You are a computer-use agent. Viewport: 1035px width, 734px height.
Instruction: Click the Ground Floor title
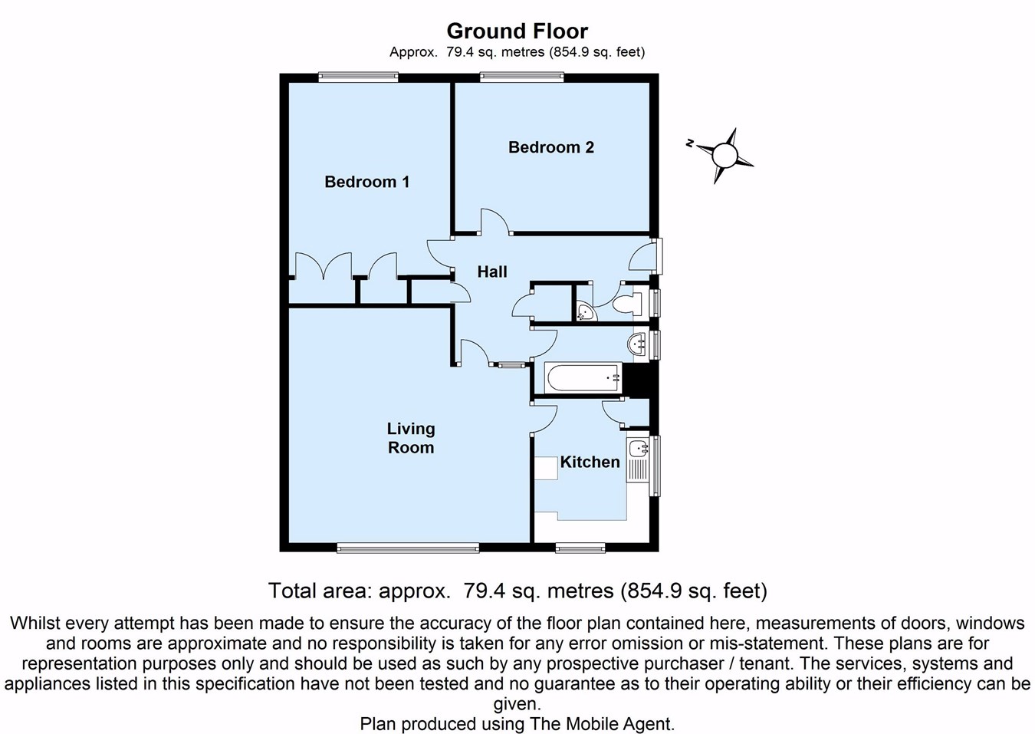point(517,31)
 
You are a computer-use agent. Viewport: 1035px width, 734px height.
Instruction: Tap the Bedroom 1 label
point(366,182)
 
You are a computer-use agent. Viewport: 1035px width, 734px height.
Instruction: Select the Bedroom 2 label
point(550,147)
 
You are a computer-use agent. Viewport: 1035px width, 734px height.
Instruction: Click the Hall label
point(491,272)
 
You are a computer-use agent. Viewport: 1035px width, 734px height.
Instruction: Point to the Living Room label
point(410,438)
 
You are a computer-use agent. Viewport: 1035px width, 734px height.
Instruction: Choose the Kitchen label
point(590,462)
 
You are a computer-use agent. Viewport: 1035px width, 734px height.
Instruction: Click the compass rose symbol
point(724,156)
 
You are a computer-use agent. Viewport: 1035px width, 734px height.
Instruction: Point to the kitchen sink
point(638,449)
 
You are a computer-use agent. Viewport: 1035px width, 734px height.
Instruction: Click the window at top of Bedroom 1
point(358,76)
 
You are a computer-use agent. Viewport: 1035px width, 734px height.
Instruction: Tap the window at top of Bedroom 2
point(521,76)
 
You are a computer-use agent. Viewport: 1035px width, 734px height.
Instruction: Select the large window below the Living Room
point(407,548)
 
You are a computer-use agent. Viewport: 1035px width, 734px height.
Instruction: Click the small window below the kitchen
point(580,548)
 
